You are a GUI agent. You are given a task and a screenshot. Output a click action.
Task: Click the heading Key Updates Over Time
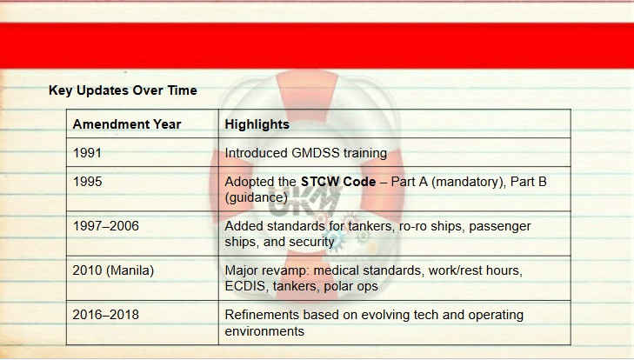click(x=123, y=90)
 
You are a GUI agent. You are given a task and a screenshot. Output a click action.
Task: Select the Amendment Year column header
click(x=127, y=124)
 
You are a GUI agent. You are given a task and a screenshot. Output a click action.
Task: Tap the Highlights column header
click(x=257, y=124)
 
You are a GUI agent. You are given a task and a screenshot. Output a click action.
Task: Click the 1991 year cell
click(x=87, y=153)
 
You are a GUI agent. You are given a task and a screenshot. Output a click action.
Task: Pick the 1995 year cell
click(x=87, y=181)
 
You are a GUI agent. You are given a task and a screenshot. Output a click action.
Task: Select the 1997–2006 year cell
click(x=105, y=226)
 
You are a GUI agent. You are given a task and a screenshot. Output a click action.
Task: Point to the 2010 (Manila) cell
click(x=113, y=270)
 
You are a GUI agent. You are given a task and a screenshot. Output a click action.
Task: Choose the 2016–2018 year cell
click(x=105, y=315)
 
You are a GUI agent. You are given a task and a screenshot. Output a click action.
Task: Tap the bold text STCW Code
click(x=338, y=181)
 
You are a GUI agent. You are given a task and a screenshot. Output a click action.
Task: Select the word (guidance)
click(x=256, y=197)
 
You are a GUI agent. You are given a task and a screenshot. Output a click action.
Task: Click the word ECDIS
click(x=247, y=286)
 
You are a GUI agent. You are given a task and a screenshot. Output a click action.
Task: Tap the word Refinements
click(x=262, y=315)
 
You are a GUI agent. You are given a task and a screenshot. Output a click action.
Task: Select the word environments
click(x=264, y=331)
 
